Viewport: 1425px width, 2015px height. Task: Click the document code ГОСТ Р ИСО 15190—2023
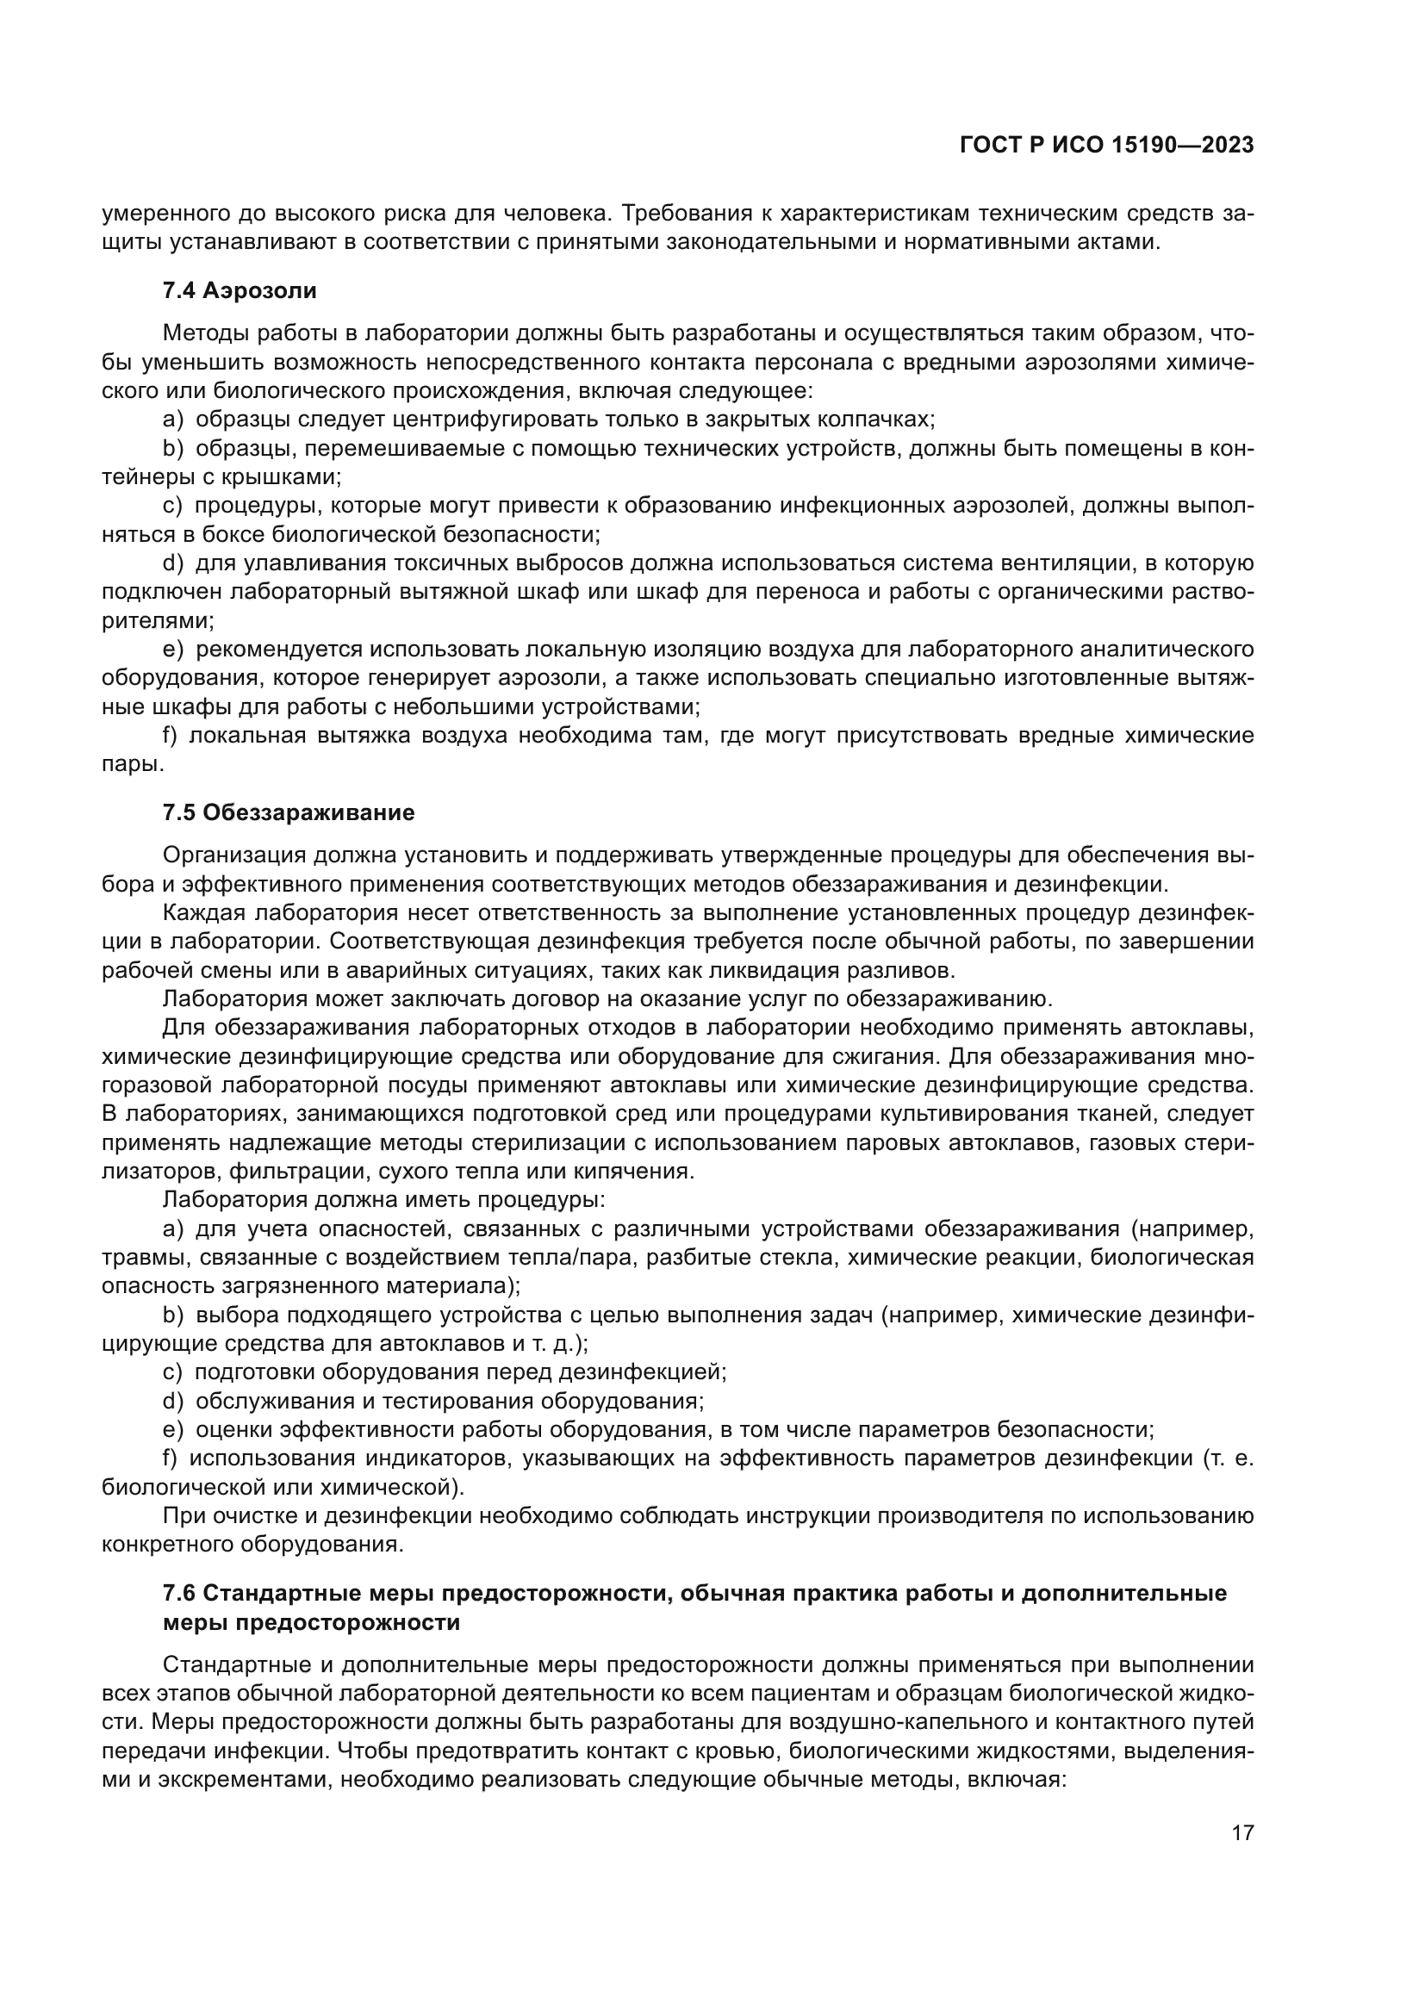click(1106, 145)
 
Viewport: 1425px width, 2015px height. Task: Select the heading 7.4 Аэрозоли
click(240, 290)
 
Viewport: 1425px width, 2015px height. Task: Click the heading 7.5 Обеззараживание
click(289, 812)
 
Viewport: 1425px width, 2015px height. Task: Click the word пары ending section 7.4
click(130, 764)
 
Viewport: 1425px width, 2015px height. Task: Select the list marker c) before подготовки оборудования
click(172, 1371)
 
